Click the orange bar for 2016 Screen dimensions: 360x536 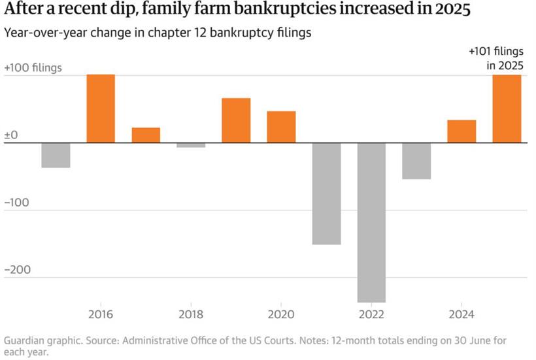click(x=101, y=108)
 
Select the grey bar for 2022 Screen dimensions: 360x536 click(x=371, y=222)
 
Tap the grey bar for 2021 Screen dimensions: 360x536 click(x=326, y=193)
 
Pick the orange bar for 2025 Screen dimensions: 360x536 click(x=507, y=108)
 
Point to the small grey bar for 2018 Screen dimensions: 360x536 click(x=191, y=145)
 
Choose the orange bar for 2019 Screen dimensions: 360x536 click(x=236, y=120)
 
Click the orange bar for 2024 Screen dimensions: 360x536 click(x=461, y=131)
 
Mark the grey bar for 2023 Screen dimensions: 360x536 click(x=416, y=161)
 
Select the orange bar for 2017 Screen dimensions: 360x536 click(x=146, y=135)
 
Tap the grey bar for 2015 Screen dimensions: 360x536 click(x=56, y=155)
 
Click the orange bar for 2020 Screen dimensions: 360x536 click(x=281, y=127)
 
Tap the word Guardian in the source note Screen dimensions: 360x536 click(x=25, y=340)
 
